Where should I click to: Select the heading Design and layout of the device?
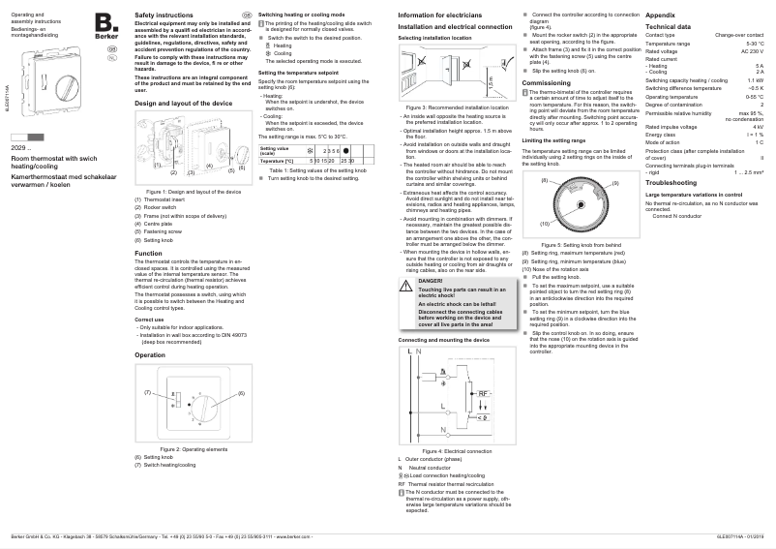183,102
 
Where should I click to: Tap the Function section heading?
148,253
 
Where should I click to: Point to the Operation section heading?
150,355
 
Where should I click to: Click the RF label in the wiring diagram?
484,392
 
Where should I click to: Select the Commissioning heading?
547,83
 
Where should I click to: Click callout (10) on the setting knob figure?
545,224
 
